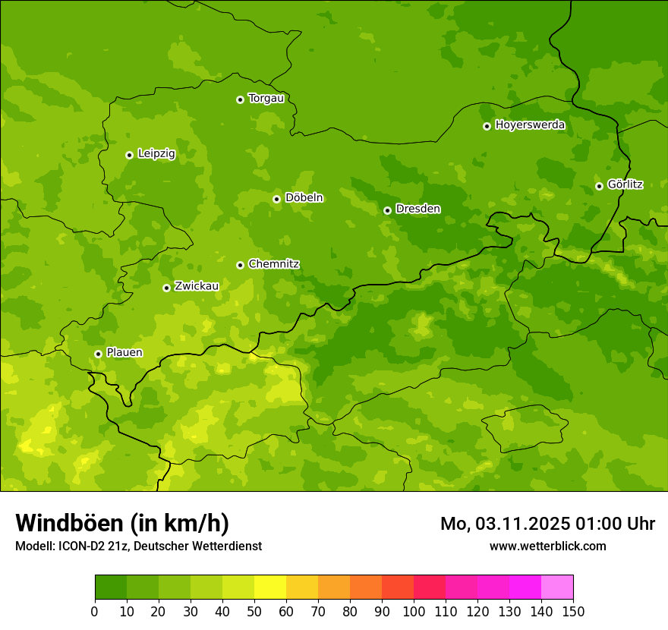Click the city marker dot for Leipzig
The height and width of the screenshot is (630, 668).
click(x=129, y=155)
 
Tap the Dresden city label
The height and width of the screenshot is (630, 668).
click(x=417, y=209)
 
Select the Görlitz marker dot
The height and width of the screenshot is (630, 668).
click(x=599, y=186)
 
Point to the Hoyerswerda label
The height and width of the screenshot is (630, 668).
click(x=530, y=125)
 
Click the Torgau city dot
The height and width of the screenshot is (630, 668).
click(x=240, y=99)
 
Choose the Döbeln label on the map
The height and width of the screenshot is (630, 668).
click(x=304, y=198)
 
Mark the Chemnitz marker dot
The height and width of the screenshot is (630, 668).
click(x=240, y=265)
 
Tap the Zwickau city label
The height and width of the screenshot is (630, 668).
click(x=197, y=286)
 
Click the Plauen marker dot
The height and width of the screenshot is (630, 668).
click(x=98, y=354)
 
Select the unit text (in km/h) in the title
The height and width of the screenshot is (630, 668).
click(x=179, y=523)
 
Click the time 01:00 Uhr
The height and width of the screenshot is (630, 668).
click(x=616, y=524)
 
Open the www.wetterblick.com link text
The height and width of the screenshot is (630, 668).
click(x=547, y=546)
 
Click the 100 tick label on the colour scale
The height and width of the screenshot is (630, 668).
click(x=414, y=611)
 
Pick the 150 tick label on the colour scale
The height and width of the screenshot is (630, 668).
click(x=573, y=611)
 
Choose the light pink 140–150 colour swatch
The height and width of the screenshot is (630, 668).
click(x=557, y=587)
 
